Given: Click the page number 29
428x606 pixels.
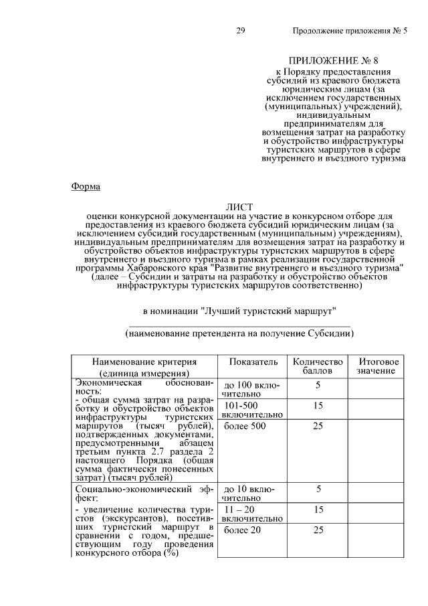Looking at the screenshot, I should [x=241, y=31].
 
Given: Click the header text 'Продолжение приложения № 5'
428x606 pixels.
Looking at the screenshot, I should [x=350, y=31].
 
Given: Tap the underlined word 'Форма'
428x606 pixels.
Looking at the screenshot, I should [x=86, y=186].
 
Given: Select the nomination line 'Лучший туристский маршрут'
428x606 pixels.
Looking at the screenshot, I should [x=238, y=311].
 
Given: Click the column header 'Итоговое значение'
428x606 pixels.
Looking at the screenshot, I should [x=375, y=366].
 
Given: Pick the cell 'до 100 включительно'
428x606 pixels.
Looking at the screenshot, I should [x=251, y=390].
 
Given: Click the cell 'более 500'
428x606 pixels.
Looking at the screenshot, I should [x=242, y=426].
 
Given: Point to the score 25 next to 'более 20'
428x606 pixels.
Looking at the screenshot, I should [x=318, y=530].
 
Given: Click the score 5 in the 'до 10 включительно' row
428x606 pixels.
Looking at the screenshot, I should [x=318, y=489].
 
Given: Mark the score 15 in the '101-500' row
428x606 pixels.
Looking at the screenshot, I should [x=318, y=406].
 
